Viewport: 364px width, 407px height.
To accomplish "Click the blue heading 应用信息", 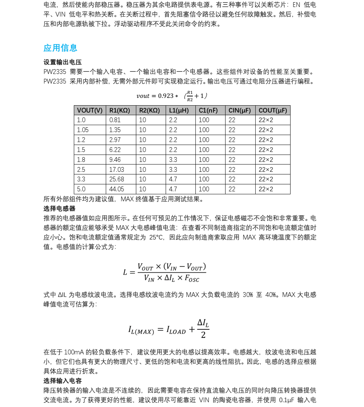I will point(60,48).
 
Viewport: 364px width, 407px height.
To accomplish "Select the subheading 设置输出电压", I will point(62,62).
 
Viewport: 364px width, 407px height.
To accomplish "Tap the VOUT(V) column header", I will point(90,110).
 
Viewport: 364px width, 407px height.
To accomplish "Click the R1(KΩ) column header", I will point(120,110).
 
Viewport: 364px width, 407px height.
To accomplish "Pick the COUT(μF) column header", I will point(273,110).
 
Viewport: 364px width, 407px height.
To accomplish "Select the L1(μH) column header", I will point(179,110).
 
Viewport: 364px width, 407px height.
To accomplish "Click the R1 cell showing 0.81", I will point(115,120).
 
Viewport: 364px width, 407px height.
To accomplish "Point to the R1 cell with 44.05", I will point(116,189).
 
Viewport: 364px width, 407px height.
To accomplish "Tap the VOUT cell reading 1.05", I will point(83,130).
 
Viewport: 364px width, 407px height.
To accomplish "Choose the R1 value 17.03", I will point(116,170).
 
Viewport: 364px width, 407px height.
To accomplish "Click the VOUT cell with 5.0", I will point(81,189).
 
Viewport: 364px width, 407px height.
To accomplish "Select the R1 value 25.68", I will point(116,179).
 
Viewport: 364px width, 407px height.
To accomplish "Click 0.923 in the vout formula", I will point(166,96).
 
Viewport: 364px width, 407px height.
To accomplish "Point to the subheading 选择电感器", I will point(60,209).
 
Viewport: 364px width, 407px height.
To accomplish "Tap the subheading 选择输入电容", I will point(62,381).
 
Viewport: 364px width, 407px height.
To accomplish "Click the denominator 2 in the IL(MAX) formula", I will point(203,335).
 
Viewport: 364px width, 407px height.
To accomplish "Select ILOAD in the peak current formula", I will point(176,330).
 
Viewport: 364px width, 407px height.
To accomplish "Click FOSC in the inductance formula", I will point(192,279).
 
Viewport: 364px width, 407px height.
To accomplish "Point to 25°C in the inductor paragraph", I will point(158,237).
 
